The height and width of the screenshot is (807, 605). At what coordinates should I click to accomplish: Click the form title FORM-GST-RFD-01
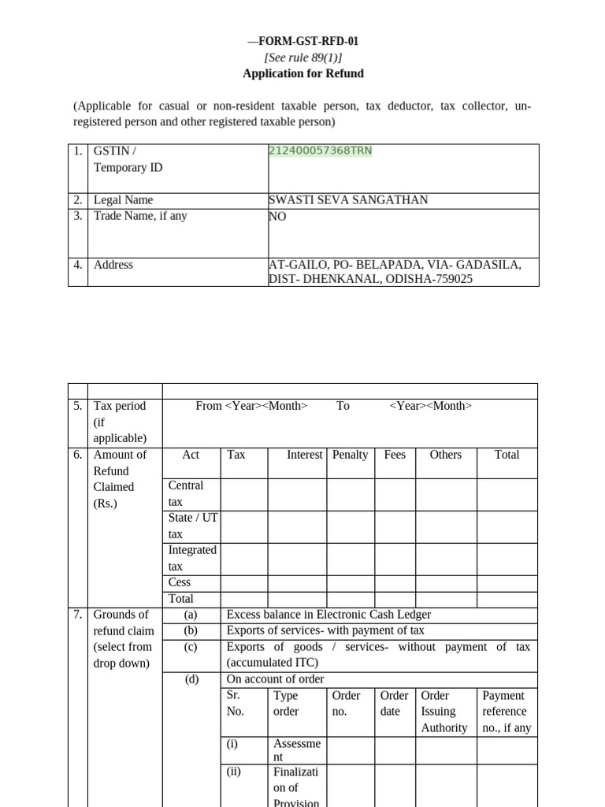[x=303, y=42]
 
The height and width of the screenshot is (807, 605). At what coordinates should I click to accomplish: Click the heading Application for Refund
[x=303, y=73]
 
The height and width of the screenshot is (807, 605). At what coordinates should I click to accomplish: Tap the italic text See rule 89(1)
[x=303, y=58]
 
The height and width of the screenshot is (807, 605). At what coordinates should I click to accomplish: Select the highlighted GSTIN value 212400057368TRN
[x=321, y=151]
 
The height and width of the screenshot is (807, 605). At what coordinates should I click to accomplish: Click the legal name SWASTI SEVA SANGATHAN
[x=348, y=200]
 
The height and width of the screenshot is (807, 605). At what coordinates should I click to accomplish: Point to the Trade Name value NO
[x=277, y=216]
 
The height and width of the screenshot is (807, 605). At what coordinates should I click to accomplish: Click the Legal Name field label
[x=123, y=200]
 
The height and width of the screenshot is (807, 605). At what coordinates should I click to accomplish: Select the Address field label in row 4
[x=113, y=265]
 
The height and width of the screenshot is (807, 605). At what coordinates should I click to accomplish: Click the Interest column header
[x=304, y=455]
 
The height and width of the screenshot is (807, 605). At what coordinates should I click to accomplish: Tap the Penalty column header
[x=351, y=455]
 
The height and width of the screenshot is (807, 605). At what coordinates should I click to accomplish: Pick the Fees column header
[x=395, y=455]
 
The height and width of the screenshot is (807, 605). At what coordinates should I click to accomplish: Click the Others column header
[x=446, y=455]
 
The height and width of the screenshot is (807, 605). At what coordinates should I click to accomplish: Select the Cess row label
[x=180, y=582]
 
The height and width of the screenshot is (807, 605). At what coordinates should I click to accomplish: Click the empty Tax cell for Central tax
[x=244, y=494]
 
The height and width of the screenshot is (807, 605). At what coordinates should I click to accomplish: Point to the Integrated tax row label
[x=191, y=558]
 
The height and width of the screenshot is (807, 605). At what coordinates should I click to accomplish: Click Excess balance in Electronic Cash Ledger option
[x=328, y=615]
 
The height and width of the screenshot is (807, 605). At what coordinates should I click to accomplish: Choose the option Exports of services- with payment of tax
[x=325, y=630]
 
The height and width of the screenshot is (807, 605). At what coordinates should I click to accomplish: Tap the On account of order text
[x=275, y=679]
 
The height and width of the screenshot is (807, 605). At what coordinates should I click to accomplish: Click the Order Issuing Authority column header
[x=445, y=712]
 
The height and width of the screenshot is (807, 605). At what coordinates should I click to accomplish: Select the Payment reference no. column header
[x=507, y=712]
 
